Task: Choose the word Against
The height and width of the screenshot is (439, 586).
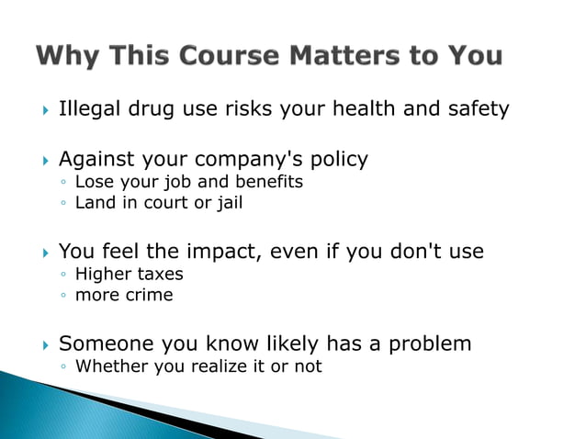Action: tap(99, 160)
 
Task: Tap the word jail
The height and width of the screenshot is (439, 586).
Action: tap(226, 203)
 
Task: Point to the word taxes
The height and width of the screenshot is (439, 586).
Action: tap(160, 274)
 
